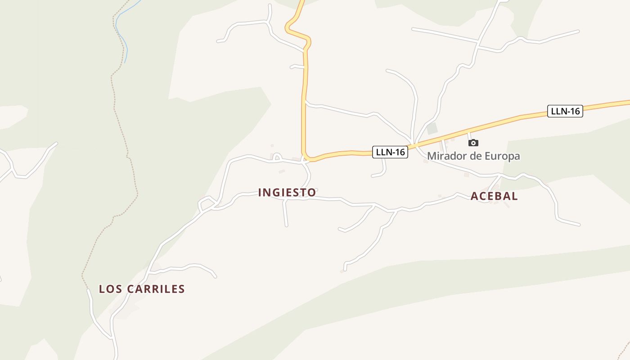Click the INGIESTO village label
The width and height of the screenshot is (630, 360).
[287, 193]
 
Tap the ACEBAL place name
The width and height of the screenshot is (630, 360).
[494, 196]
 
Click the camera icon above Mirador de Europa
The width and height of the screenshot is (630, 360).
[473, 143]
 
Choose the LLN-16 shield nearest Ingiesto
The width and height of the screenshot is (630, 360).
[390, 152]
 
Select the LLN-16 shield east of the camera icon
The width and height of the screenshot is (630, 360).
[565, 111]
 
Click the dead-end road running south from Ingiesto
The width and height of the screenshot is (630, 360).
[285, 214]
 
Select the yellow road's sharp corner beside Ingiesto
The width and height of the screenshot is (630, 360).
[306, 158]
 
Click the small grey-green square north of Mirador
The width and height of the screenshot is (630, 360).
[432, 129]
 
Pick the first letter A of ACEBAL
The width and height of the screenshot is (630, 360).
[474, 196]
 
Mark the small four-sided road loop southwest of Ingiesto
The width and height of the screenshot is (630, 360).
[206, 203]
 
